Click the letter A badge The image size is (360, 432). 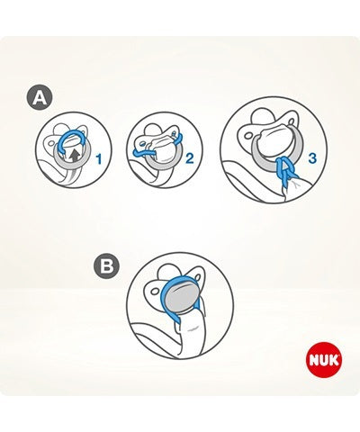tap(39, 98)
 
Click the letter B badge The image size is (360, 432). tap(105, 266)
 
